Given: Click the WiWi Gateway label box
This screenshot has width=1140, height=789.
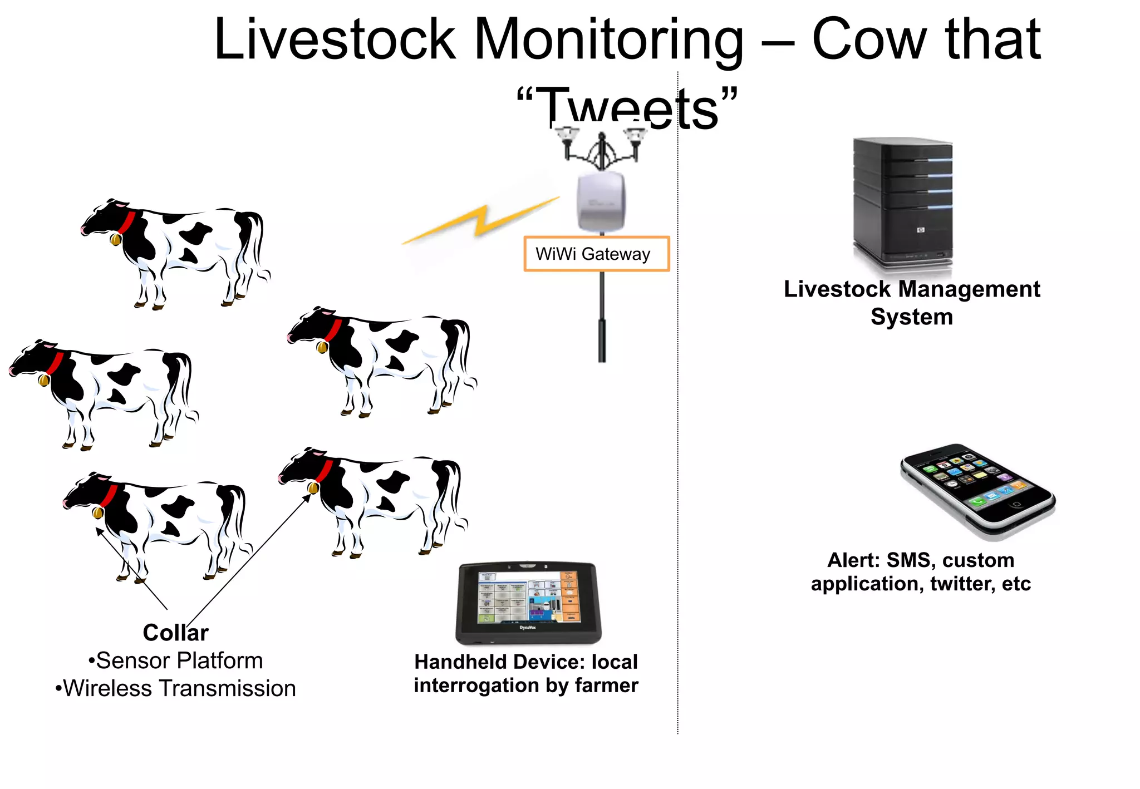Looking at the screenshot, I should (x=596, y=254).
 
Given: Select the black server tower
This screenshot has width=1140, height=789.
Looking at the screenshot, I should (x=902, y=204).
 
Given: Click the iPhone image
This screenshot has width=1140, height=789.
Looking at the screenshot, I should (x=978, y=490).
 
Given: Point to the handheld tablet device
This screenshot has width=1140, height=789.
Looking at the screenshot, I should (x=528, y=603).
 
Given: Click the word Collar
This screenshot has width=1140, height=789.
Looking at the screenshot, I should (x=175, y=633).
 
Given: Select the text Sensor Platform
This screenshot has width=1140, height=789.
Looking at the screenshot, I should (x=179, y=661).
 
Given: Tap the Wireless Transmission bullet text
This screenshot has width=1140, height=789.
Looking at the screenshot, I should (x=179, y=689).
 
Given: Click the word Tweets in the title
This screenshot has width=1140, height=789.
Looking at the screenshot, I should (x=627, y=108).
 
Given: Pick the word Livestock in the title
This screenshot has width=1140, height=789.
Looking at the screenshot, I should (x=335, y=40).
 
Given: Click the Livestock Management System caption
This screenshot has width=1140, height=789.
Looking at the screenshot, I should (x=912, y=303).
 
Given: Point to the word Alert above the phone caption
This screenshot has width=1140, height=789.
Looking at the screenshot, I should (x=850, y=560).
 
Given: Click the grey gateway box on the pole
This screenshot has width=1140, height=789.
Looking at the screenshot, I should (x=601, y=201).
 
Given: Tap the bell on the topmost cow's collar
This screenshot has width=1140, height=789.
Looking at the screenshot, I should (x=116, y=240).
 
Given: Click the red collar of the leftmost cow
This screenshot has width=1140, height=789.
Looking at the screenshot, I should (x=55, y=363).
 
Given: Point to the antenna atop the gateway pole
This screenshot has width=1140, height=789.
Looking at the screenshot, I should (x=602, y=147).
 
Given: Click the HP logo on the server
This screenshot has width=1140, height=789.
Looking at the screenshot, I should (x=921, y=229).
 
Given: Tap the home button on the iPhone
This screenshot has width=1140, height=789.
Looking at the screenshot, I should (x=1016, y=504).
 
